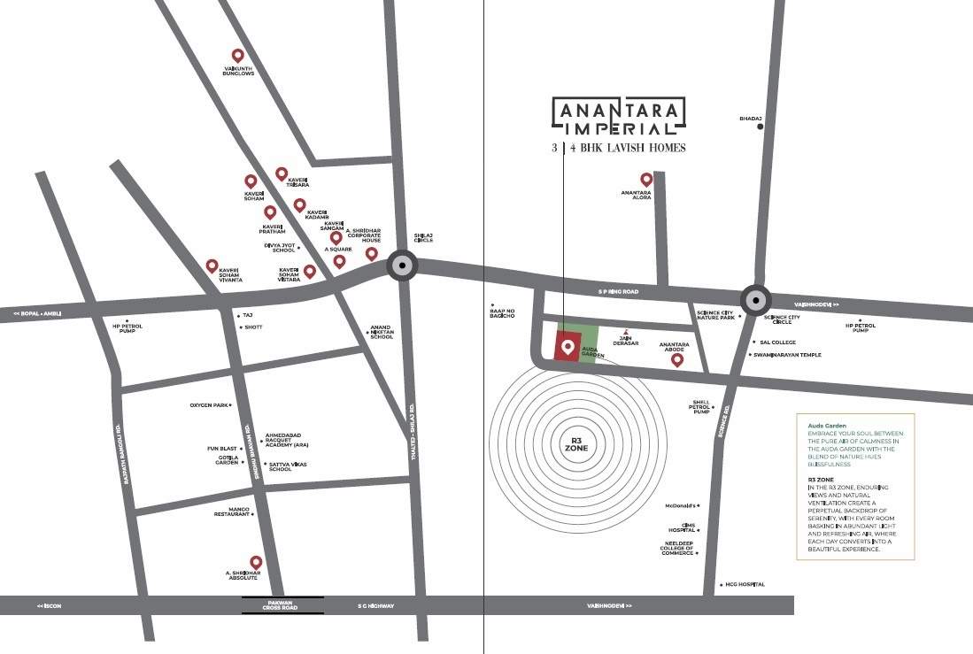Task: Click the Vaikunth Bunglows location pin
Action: tap(237, 56)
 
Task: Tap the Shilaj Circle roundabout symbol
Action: tap(403, 266)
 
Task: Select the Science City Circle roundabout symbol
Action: tap(754, 300)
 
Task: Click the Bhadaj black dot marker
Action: tap(761, 127)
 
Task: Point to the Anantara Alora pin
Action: tap(646, 180)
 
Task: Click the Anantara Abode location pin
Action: tap(677, 359)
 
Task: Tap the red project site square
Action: tap(567, 346)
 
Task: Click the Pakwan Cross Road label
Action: tap(282, 605)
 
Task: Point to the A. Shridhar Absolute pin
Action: tap(256, 562)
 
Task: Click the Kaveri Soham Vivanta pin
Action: tap(212, 265)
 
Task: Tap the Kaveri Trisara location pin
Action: tap(282, 173)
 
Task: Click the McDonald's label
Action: tap(682, 506)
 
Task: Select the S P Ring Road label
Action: tap(618, 291)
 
